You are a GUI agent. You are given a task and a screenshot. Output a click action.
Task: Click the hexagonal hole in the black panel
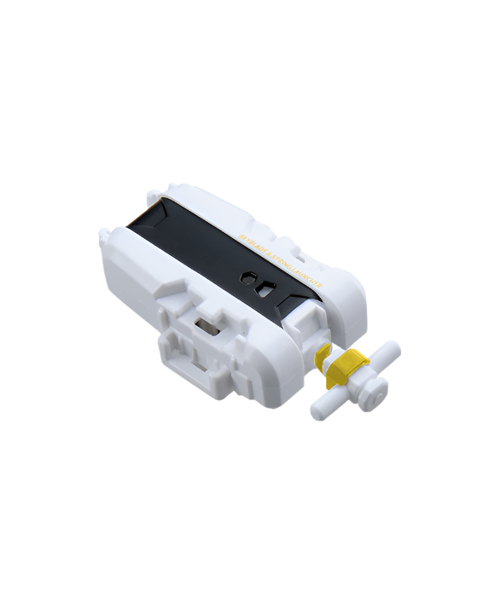click(247, 277)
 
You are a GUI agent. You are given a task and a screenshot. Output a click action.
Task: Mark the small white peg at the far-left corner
click(104, 232)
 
